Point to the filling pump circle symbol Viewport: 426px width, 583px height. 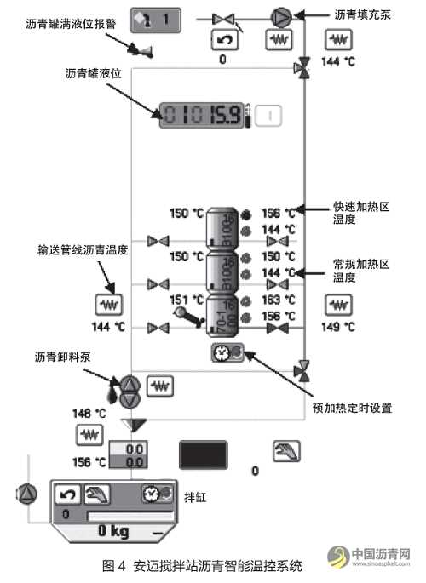[x=280, y=16]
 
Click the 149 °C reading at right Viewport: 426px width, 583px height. [x=337, y=326]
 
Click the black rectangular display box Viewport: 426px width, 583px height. [x=203, y=454]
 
